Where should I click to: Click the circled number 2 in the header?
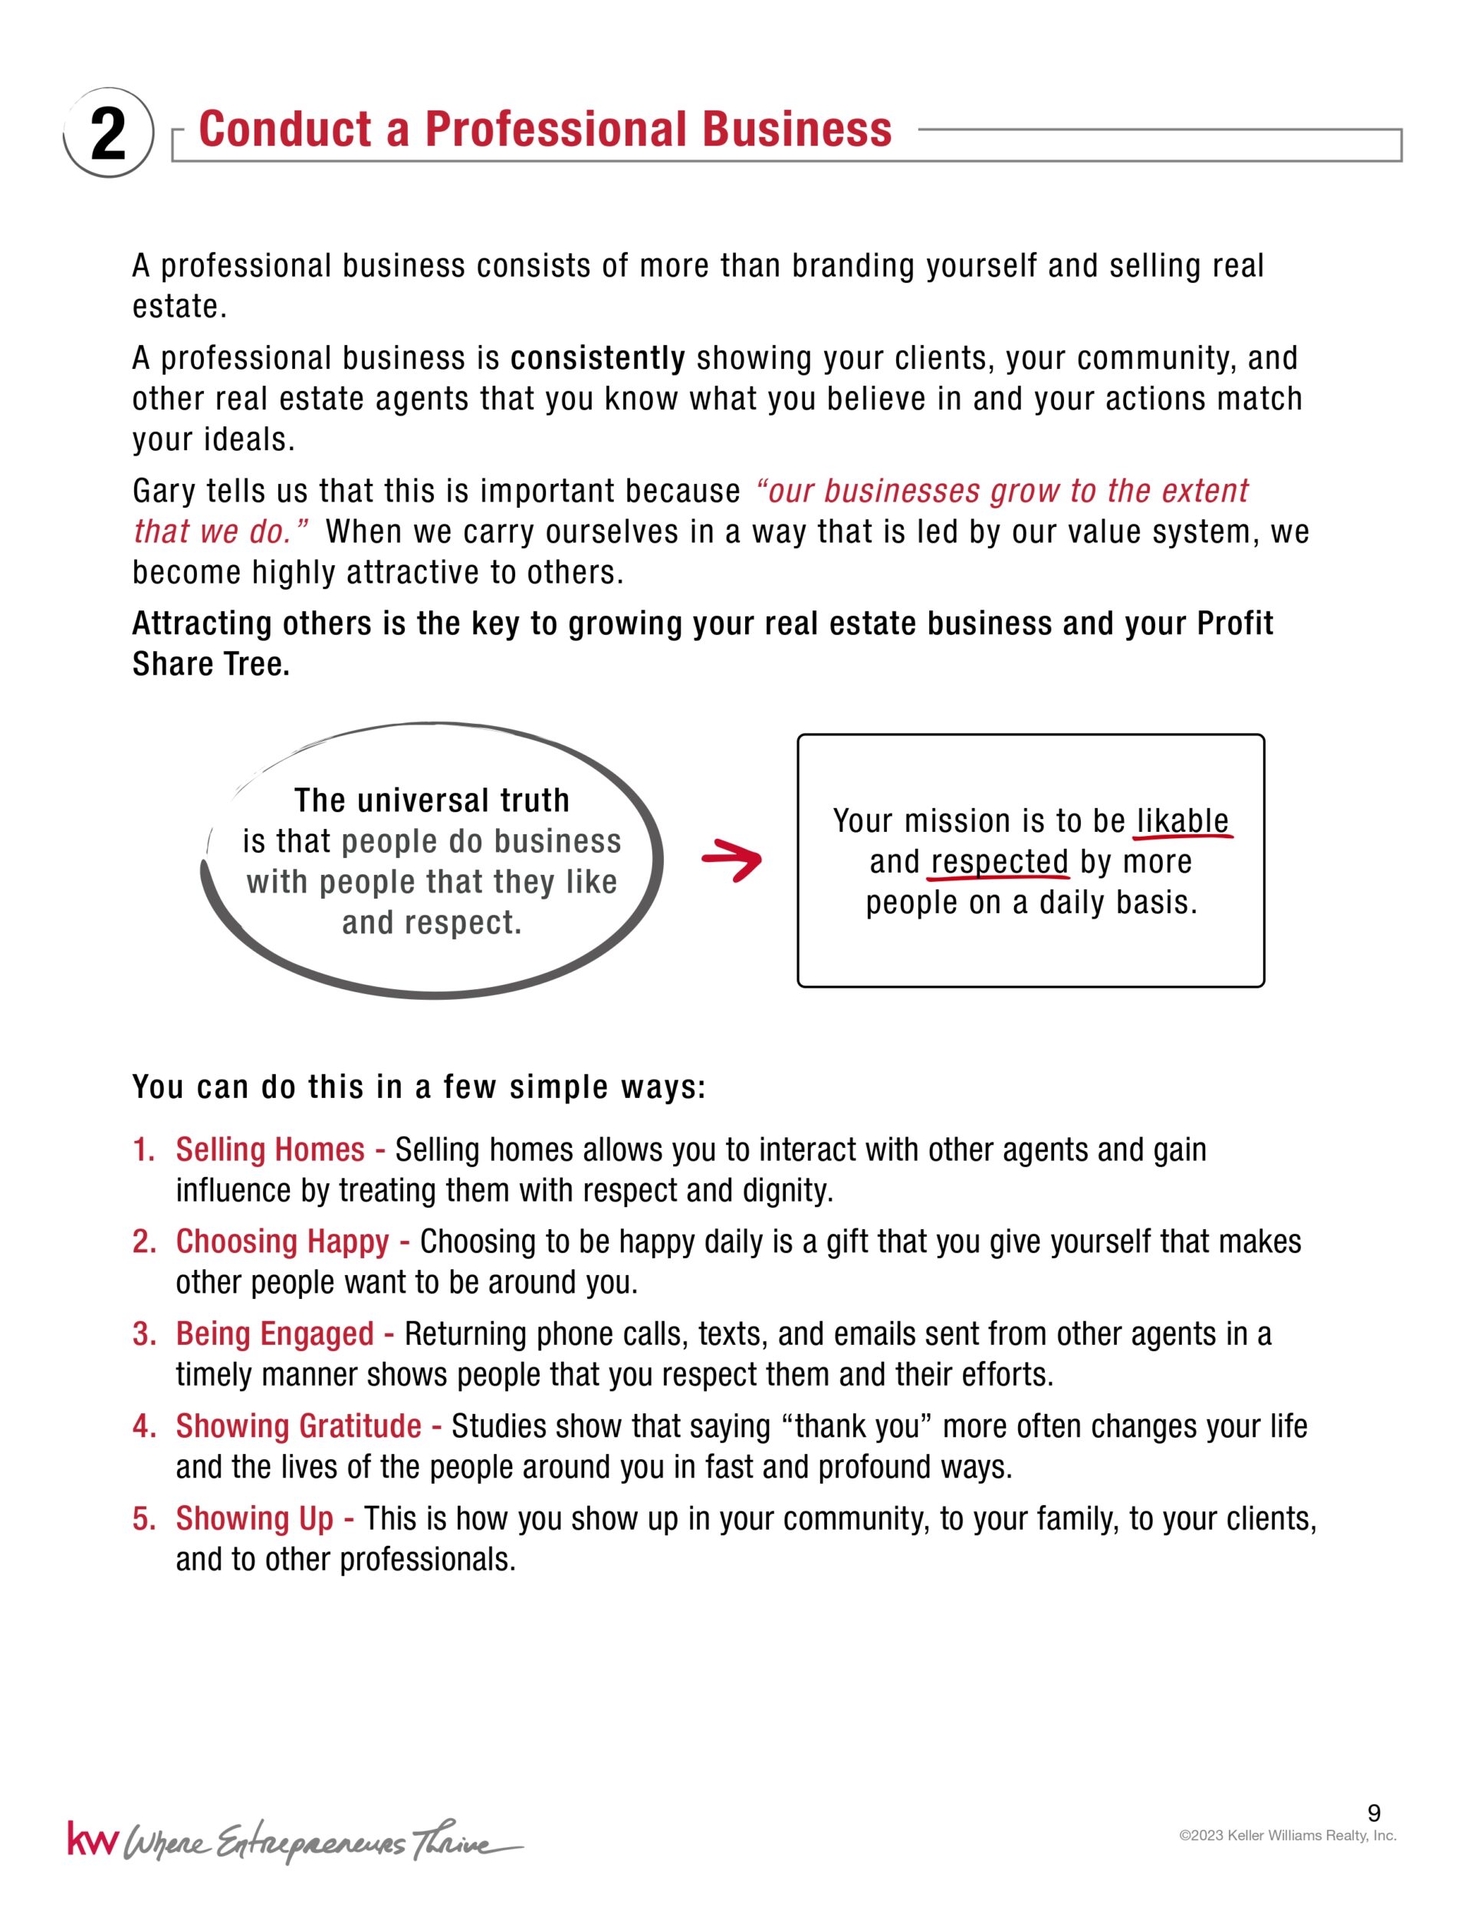[x=108, y=133]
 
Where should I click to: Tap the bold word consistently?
[x=597, y=358]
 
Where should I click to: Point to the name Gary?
[x=163, y=492]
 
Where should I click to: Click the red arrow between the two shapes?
[x=732, y=860]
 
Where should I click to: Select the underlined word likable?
[x=1182, y=820]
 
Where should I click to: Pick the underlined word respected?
[x=1000, y=862]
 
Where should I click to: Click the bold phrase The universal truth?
[x=432, y=801]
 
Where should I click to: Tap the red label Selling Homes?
[x=271, y=1150]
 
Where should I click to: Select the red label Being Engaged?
[x=274, y=1334]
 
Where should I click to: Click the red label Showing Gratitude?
[x=298, y=1426]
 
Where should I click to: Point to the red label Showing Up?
[x=254, y=1518]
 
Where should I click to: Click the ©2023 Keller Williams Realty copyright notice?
[x=1287, y=1836]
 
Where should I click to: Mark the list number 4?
[x=143, y=1426]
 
